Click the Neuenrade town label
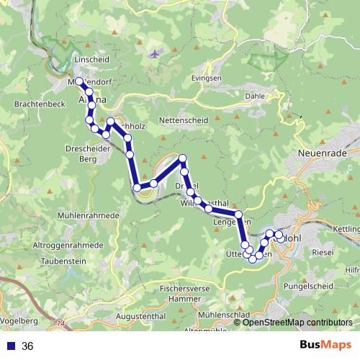tap(323, 154)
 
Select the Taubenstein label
tap(61, 262)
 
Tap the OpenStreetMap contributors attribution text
tap(297, 323)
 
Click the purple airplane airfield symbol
tap(154, 55)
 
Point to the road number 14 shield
tap(60, 325)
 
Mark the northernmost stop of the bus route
tap(79, 81)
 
